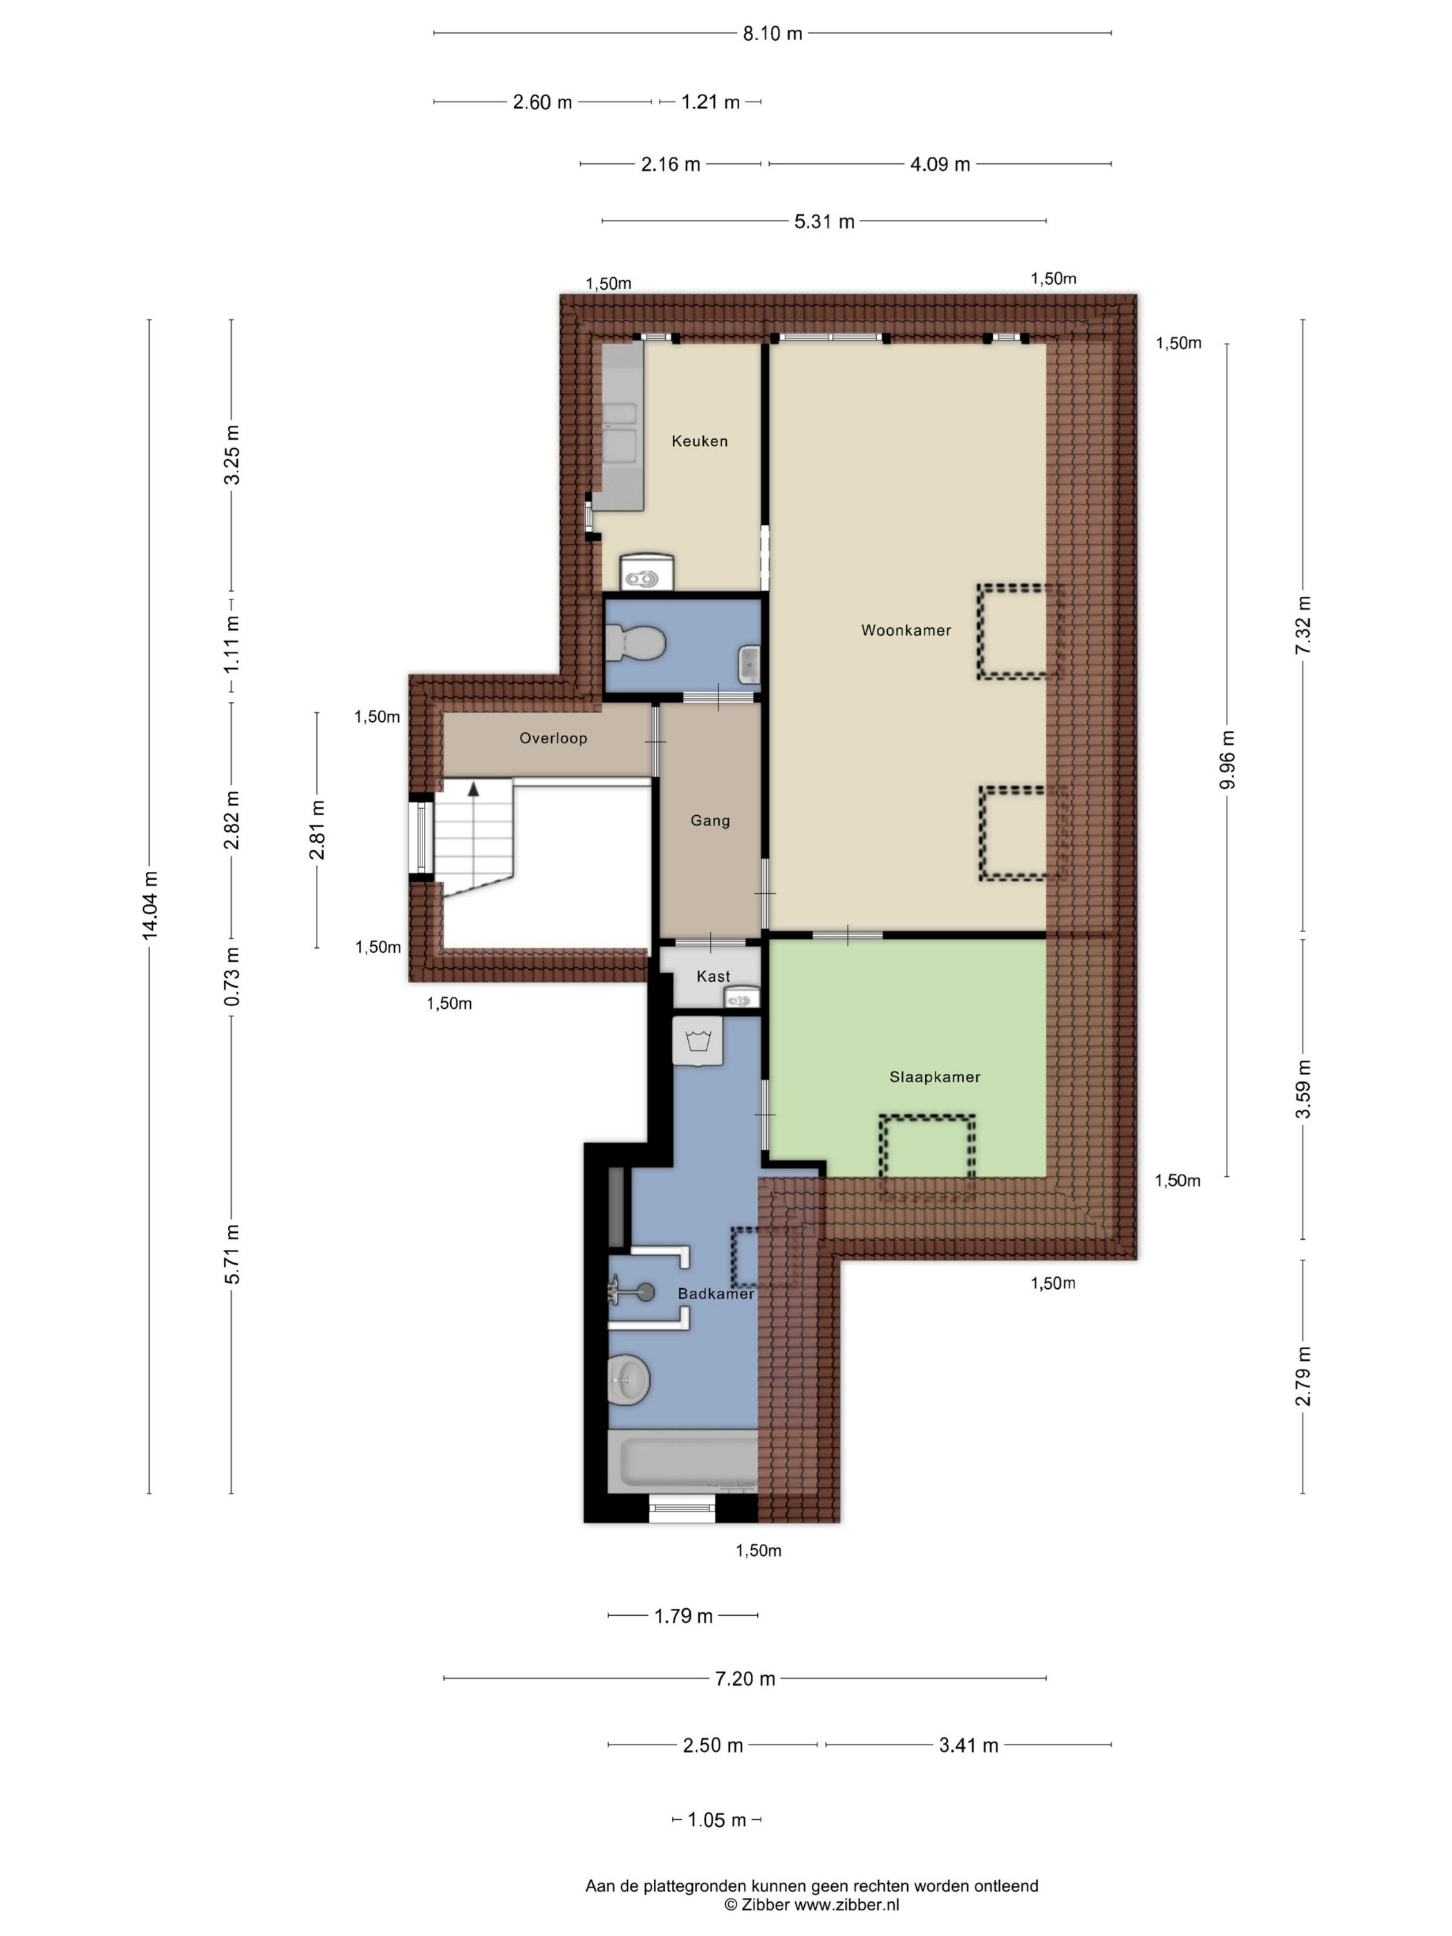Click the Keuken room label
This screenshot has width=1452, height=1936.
[x=699, y=441]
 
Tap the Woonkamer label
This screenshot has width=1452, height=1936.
[x=906, y=630]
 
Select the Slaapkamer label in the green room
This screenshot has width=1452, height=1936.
[x=935, y=1077]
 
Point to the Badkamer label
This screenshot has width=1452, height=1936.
[x=716, y=1294]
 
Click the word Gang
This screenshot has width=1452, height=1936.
[x=710, y=821]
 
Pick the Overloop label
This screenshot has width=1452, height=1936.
[x=553, y=738]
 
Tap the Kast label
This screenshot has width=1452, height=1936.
[x=714, y=976]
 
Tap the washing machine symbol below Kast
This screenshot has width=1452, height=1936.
[x=698, y=1041]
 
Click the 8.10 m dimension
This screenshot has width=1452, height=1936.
[x=772, y=33]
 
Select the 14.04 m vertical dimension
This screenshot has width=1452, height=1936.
[x=149, y=906]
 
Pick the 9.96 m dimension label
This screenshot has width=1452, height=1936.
[x=1227, y=760]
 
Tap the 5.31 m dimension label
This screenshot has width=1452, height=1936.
[x=823, y=221]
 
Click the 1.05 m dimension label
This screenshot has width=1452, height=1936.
[x=717, y=1821]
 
